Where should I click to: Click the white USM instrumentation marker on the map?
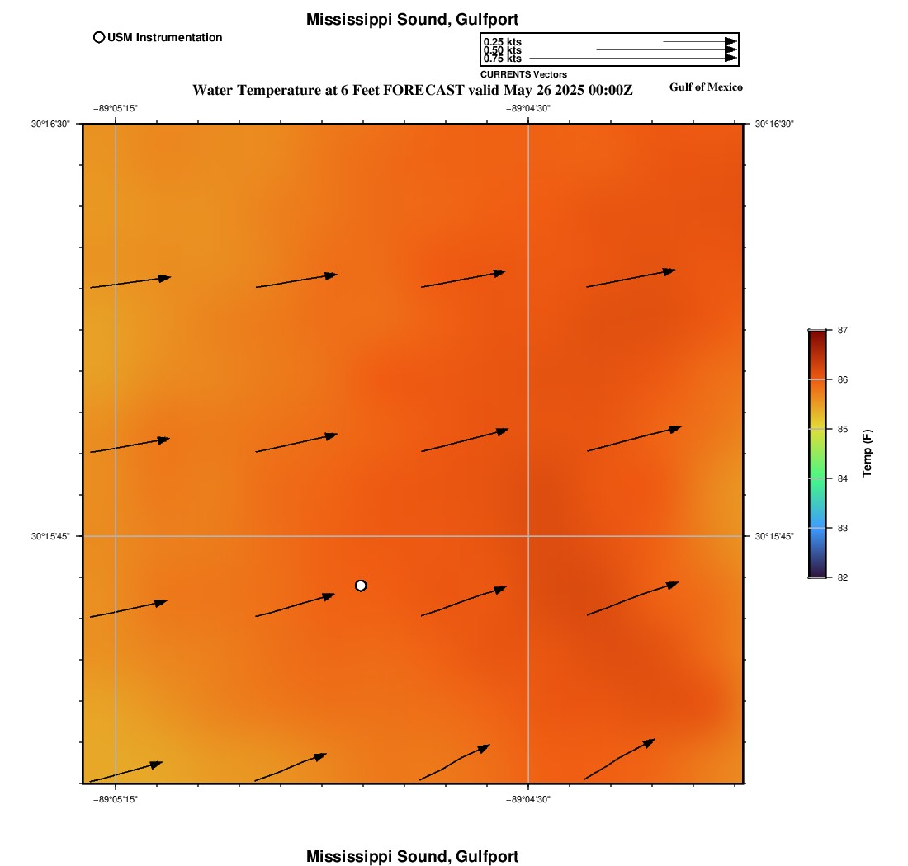coord(361,586)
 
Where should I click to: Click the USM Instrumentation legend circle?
coord(99,37)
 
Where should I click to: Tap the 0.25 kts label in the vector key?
coord(502,42)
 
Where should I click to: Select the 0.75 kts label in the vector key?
coord(502,59)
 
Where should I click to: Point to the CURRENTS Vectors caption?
coord(523,74)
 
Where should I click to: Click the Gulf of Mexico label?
coord(706,87)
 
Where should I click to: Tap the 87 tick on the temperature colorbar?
coord(842,330)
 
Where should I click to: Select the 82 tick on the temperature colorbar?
coord(842,577)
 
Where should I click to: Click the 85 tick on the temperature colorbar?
coord(842,429)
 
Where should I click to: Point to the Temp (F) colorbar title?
coord(867,454)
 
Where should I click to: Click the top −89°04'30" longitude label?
coord(528,108)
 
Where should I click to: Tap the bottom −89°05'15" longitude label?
coord(116,799)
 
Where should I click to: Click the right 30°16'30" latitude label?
coord(774,124)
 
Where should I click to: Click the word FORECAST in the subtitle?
coord(423,90)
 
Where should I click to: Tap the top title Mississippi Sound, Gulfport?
coord(412,19)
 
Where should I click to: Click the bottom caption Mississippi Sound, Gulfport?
coord(412,856)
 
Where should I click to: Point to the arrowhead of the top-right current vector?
coord(669,271)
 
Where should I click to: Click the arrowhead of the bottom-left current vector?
coord(156,764)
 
